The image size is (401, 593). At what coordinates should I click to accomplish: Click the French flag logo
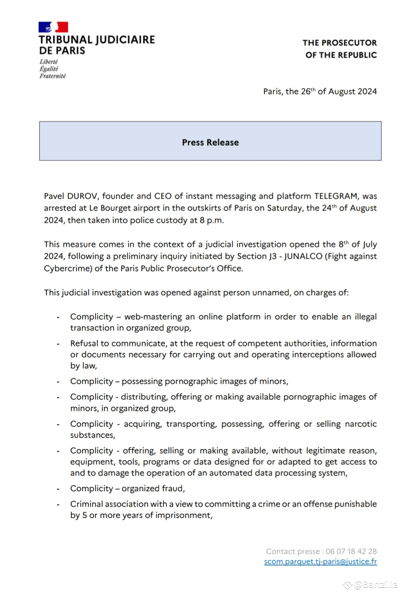[53, 27]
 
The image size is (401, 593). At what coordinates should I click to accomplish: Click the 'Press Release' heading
[210, 142]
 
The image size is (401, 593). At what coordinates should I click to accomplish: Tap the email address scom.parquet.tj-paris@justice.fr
[320, 561]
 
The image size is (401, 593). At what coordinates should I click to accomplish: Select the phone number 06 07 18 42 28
[351, 551]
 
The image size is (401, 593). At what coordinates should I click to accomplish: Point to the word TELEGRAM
[336, 196]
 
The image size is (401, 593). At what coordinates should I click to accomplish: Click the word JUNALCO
[303, 256]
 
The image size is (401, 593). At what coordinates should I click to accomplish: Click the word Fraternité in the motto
[52, 76]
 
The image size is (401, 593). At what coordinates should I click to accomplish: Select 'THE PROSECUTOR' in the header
[339, 43]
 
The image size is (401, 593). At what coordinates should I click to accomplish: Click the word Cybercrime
[68, 268]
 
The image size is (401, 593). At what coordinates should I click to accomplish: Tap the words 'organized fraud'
[153, 488]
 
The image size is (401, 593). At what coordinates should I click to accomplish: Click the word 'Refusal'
[83, 343]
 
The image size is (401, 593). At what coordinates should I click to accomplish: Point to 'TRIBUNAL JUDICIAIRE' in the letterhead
[97, 40]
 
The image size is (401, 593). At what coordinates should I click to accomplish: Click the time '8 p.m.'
[211, 220]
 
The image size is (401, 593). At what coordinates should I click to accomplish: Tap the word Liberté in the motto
[49, 62]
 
